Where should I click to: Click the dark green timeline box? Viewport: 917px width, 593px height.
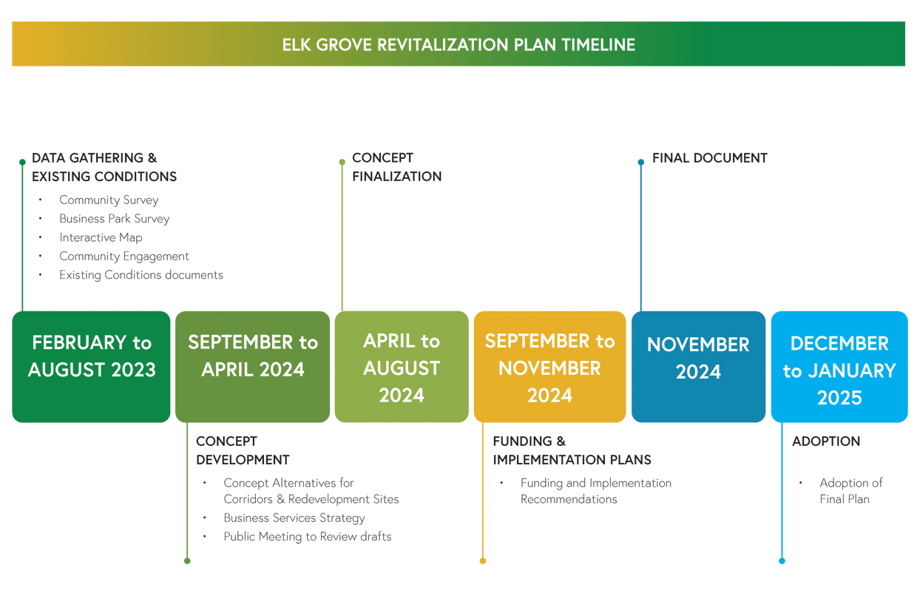click(x=90, y=367)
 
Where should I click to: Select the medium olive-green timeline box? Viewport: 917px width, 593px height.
click(x=252, y=367)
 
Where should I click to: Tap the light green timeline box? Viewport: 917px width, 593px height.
click(x=402, y=367)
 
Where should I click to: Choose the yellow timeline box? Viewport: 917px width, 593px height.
click(x=549, y=367)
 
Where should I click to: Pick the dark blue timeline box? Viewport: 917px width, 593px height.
click(x=698, y=367)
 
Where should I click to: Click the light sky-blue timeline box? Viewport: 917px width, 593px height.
click(x=839, y=367)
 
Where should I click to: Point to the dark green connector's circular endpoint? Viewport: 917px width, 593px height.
click(x=22, y=162)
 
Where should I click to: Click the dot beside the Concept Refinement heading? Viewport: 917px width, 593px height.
click(x=342, y=162)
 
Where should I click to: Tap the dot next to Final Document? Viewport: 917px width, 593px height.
click(x=641, y=162)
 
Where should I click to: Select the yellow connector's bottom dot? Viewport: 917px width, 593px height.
click(x=483, y=561)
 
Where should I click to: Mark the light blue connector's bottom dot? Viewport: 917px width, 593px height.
click(x=782, y=561)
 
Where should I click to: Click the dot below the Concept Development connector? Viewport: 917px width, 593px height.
click(x=187, y=561)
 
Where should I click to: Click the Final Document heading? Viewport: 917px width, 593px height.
click(x=709, y=157)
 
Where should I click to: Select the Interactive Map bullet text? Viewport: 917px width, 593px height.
click(x=101, y=237)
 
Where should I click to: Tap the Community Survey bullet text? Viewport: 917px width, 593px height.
click(x=109, y=200)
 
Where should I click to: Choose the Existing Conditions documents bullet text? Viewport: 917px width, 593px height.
click(x=141, y=275)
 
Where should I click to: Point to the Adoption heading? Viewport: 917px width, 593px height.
click(x=825, y=441)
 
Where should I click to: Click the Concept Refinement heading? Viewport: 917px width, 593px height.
click(x=396, y=167)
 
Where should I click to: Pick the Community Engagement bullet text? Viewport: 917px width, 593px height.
click(x=123, y=257)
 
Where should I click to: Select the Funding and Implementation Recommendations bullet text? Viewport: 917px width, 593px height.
click(x=595, y=491)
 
